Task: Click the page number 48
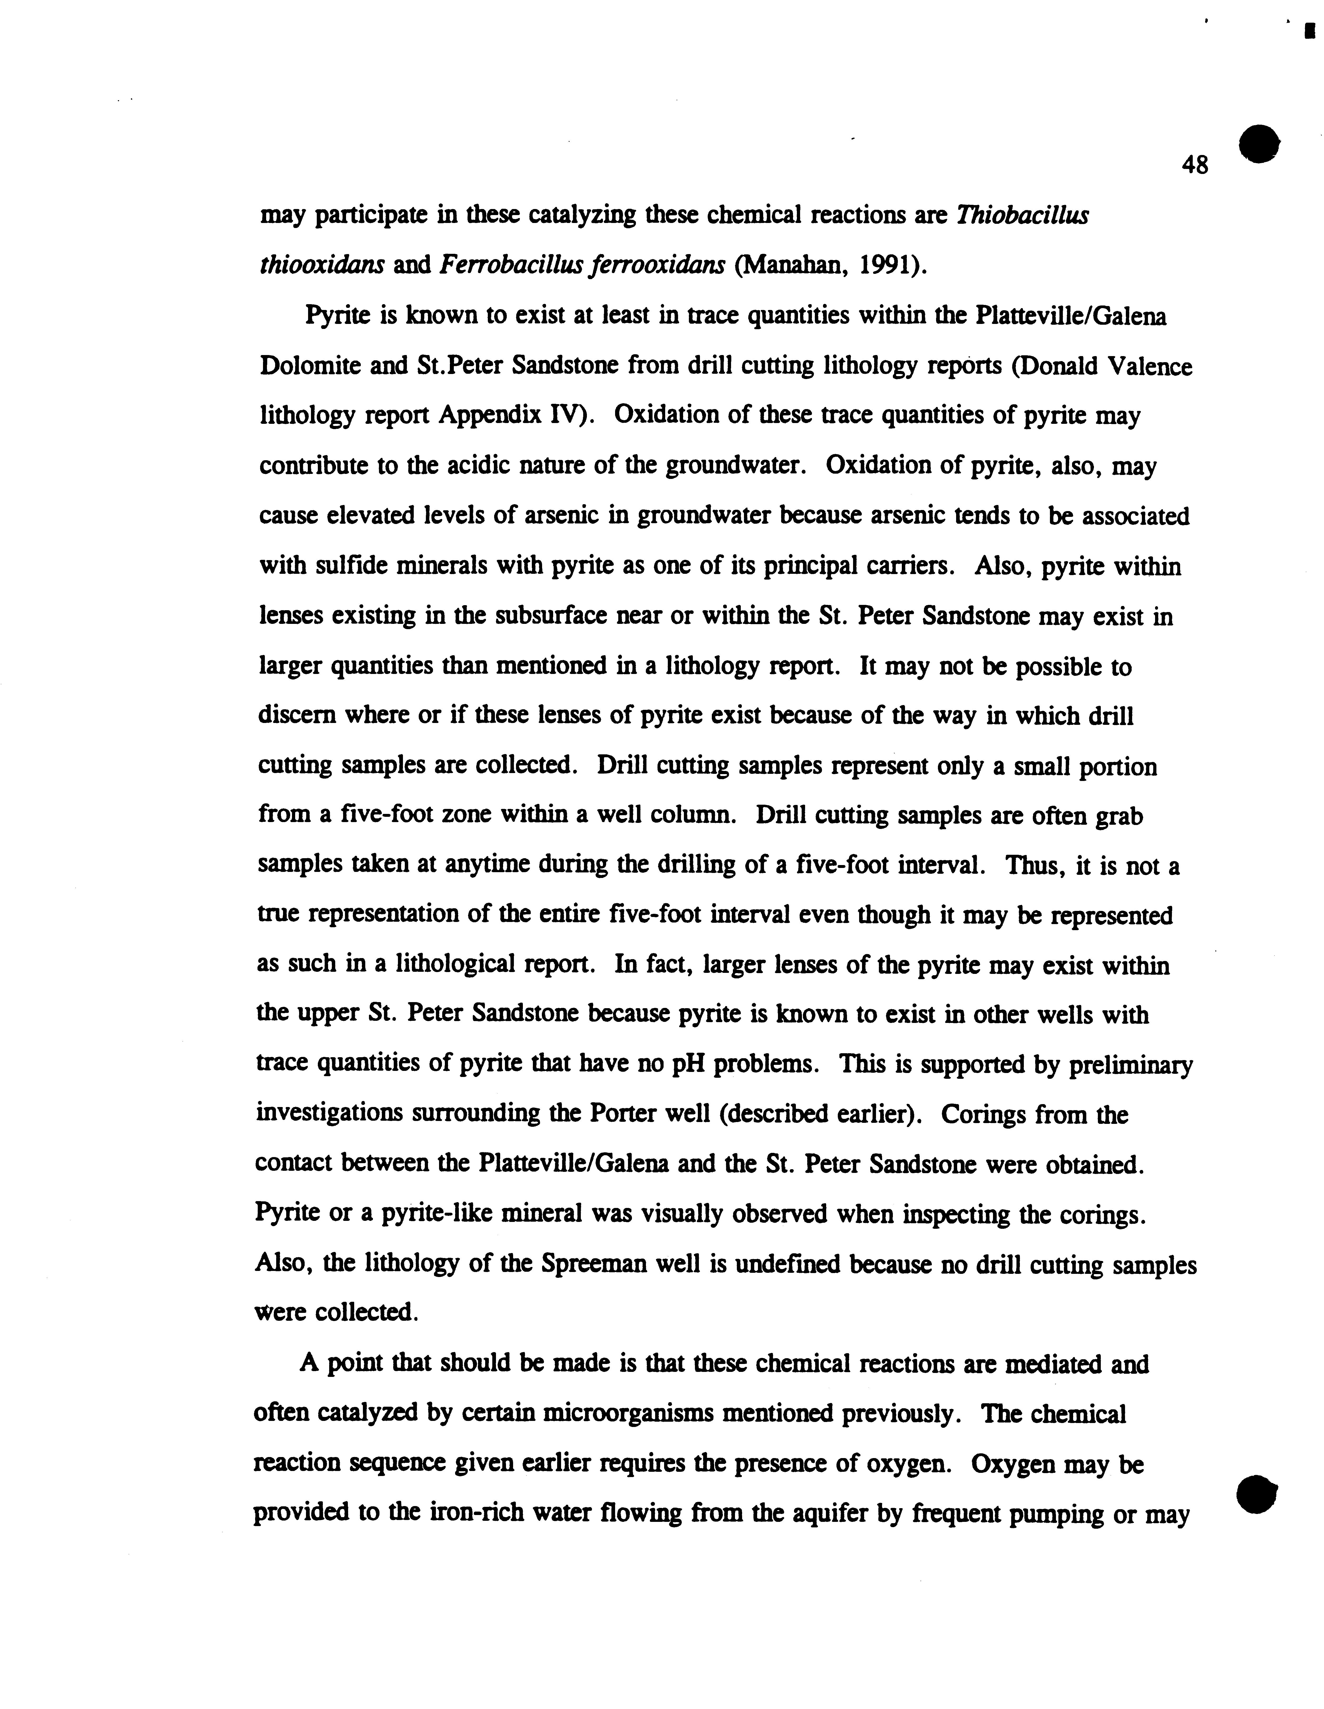[1195, 165]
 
